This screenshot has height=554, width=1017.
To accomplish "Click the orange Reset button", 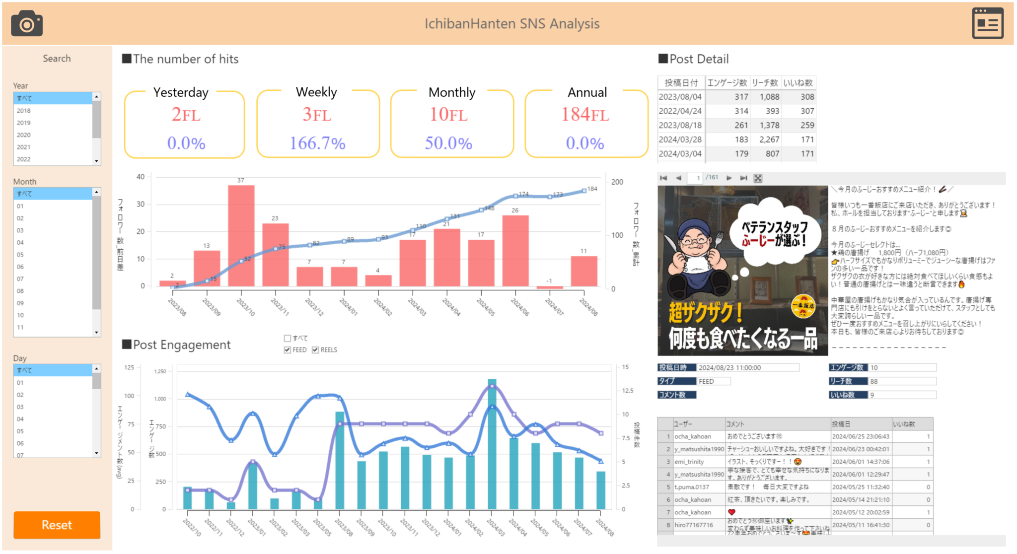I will (57, 525).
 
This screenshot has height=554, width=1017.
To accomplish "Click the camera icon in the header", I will (27, 23).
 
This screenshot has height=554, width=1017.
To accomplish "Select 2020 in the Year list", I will (24, 135).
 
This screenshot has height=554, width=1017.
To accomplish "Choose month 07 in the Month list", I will (20, 279).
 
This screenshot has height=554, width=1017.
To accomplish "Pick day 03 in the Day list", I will (20, 407).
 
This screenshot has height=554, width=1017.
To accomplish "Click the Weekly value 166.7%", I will (317, 143).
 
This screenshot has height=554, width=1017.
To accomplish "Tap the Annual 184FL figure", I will (585, 115).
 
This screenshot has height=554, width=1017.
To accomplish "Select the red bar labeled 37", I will (241, 235).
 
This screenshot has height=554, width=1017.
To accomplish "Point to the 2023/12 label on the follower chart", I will (314, 307).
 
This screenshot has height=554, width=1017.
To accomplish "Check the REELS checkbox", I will (315, 350).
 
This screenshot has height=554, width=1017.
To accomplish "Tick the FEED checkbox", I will (288, 350).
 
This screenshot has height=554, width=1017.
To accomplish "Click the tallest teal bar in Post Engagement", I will (492, 444).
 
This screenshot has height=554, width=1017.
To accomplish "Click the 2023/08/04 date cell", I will (680, 97).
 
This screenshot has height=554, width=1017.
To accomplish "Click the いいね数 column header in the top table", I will (798, 83).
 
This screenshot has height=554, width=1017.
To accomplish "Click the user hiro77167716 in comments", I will (694, 525).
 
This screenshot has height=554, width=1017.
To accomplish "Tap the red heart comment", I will (731, 512).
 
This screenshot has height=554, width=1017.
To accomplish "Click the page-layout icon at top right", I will (987, 23).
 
